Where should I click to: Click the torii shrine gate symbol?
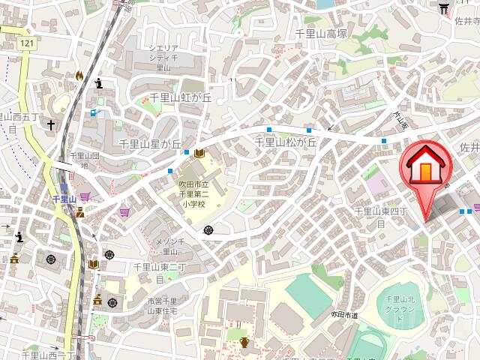(443, 7)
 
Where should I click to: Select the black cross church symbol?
(52, 124)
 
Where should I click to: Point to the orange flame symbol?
(80, 76)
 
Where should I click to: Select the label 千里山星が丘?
(150, 143)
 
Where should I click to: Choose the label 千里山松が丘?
(287, 142)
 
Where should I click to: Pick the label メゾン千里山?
(175, 246)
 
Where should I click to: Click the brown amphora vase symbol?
(244, 343)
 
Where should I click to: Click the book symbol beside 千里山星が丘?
(199, 154)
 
